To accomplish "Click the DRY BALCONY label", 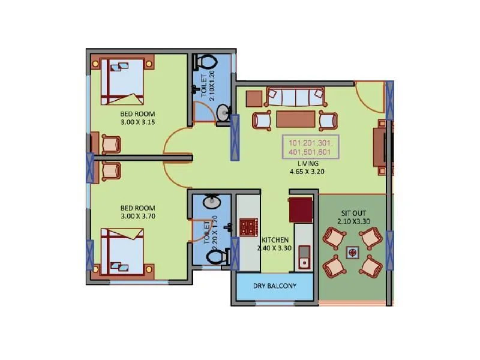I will pos(274,286).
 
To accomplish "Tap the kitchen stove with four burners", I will pos(247,227).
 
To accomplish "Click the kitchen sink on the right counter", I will pos(304,256).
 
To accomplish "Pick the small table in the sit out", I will pos(352,253).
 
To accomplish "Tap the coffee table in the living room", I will pos(295,119).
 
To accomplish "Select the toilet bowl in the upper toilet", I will pos(206,62).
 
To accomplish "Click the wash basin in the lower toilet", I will pos(211,202).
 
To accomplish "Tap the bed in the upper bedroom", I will pos(122,82).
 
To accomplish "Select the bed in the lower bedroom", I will pos(122,250).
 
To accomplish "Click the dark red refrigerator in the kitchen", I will pos(301,210).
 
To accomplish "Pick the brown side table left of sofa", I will pos(254,98).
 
